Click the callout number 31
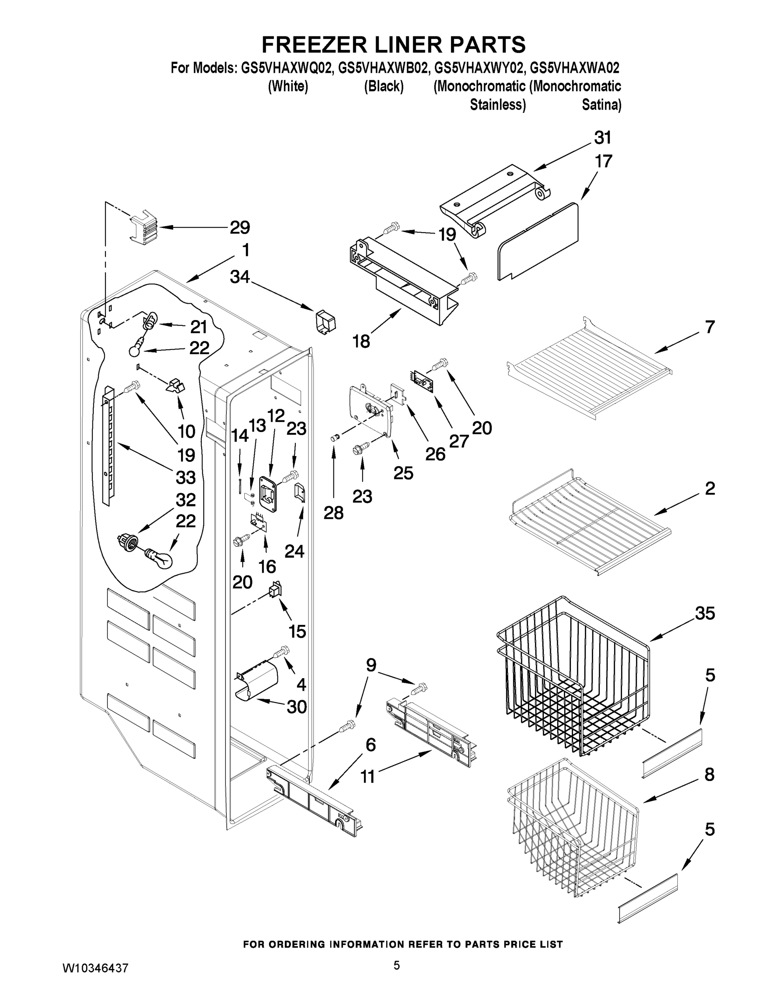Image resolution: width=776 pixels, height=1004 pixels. coord(603,138)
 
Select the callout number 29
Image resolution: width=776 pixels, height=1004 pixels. coord(240,227)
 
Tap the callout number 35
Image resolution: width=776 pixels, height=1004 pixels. coord(705,613)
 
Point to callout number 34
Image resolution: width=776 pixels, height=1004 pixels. coord(240,276)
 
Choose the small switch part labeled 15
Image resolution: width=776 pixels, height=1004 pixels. coord(275,590)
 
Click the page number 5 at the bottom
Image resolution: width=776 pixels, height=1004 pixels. coord(396,966)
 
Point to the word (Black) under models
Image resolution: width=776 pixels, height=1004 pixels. coord(384,87)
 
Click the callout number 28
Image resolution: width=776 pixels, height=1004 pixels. coord(333,512)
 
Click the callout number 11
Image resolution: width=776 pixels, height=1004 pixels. coord(367,776)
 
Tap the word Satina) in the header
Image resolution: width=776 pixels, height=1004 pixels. coord(601,105)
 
